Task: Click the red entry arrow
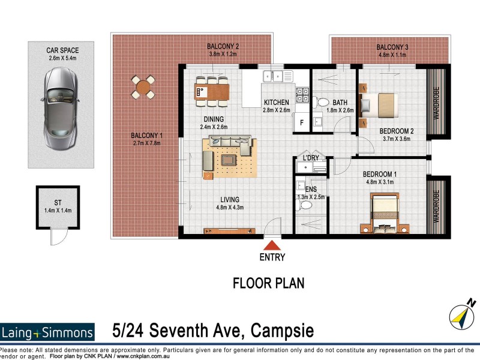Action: click(x=272, y=245)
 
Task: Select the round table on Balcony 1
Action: click(x=143, y=87)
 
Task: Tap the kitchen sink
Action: click(x=277, y=76)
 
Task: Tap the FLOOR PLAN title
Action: click(x=269, y=283)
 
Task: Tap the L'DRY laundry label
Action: click(x=311, y=158)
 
